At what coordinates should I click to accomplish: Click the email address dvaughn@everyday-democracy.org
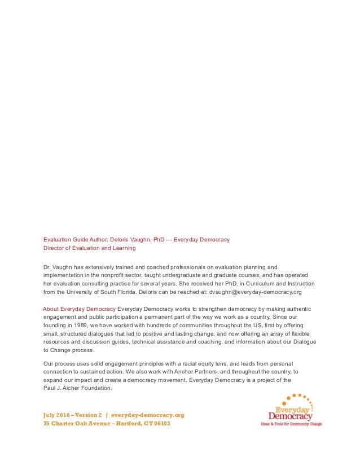(x=256, y=292)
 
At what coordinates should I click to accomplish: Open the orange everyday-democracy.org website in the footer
(x=147, y=415)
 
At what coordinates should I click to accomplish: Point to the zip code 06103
(x=160, y=424)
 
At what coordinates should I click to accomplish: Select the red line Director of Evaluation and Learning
(x=90, y=248)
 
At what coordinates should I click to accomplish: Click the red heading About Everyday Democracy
(x=80, y=309)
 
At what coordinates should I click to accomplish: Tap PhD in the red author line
(x=160, y=239)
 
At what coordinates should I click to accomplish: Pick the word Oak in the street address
(x=78, y=424)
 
